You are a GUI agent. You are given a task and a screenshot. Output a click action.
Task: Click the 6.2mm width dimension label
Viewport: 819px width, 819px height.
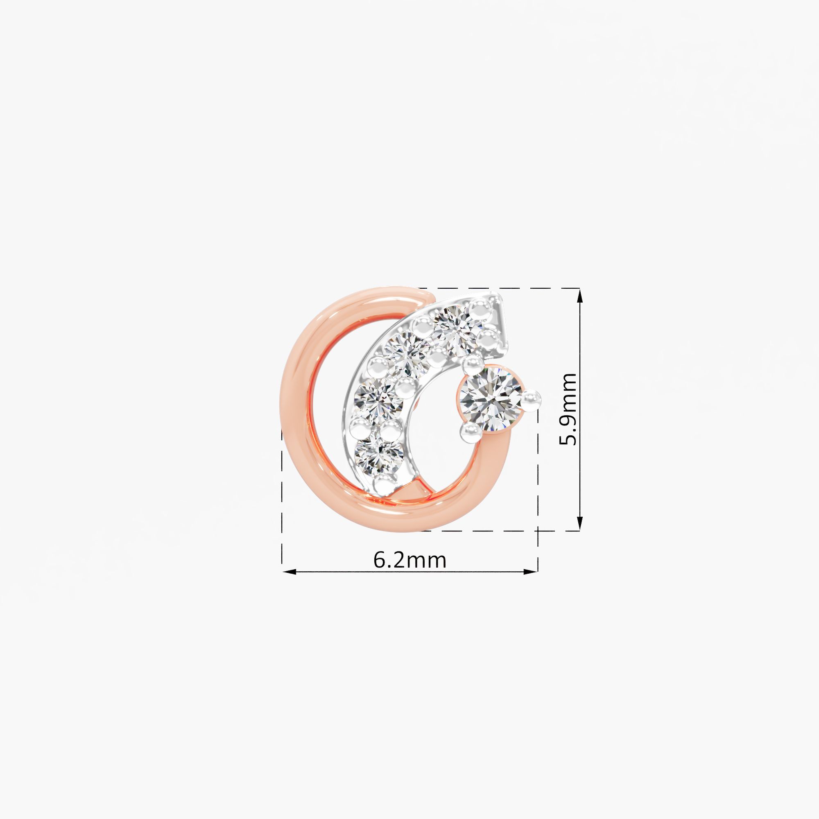pyautogui.click(x=409, y=560)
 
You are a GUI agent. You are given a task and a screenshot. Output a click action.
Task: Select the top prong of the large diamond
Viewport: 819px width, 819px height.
pyautogui.click(x=473, y=365)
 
